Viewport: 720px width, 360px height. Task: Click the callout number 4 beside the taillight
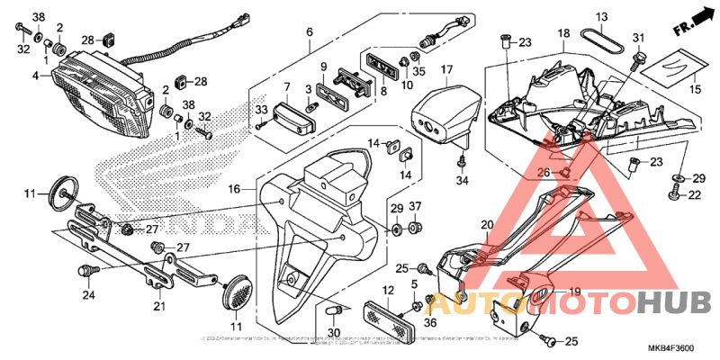(36, 76)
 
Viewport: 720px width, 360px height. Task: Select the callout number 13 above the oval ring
(602, 17)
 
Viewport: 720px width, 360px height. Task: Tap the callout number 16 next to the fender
(234, 190)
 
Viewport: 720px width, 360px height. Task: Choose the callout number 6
(309, 32)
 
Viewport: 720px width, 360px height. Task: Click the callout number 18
(563, 33)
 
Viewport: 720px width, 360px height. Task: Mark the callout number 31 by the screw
(639, 38)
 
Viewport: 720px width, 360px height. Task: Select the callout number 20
(487, 225)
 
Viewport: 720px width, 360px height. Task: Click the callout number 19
(573, 291)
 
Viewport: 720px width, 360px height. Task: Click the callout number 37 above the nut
(416, 207)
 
